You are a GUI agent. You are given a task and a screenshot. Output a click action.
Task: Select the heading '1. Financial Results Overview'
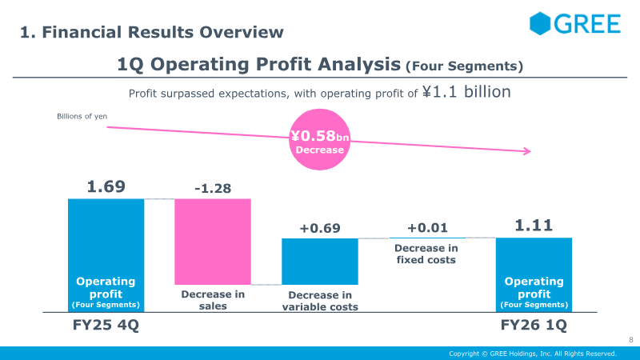[x=152, y=33]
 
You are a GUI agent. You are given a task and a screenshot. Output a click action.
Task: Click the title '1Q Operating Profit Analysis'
[x=258, y=63]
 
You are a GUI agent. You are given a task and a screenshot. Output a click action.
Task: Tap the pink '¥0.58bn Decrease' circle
[x=319, y=141]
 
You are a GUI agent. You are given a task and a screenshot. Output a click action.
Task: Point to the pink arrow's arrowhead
[x=526, y=150]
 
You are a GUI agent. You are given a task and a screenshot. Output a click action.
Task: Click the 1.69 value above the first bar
[x=106, y=186]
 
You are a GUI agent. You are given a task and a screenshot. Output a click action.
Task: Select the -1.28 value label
[x=213, y=189]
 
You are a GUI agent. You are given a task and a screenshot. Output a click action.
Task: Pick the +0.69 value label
[x=320, y=228]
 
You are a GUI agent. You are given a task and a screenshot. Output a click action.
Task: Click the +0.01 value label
[x=426, y=228]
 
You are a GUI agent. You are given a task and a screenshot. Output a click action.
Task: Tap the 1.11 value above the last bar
[x=534, y=226]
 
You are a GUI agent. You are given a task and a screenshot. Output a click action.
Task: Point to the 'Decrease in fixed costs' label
[x=426, y=254]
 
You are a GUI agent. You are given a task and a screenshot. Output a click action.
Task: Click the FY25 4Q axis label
[x=106, y=327]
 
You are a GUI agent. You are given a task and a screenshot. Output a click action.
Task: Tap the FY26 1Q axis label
[x=534, y=327]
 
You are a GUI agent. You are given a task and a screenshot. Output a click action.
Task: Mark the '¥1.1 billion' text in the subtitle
[x=466, y=92]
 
